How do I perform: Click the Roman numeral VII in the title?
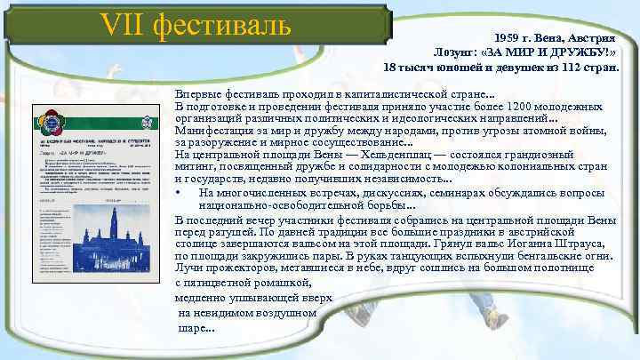123,26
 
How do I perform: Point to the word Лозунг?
459,52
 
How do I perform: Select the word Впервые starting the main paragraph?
201,96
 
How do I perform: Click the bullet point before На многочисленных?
180,192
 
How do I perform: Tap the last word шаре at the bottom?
190,327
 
